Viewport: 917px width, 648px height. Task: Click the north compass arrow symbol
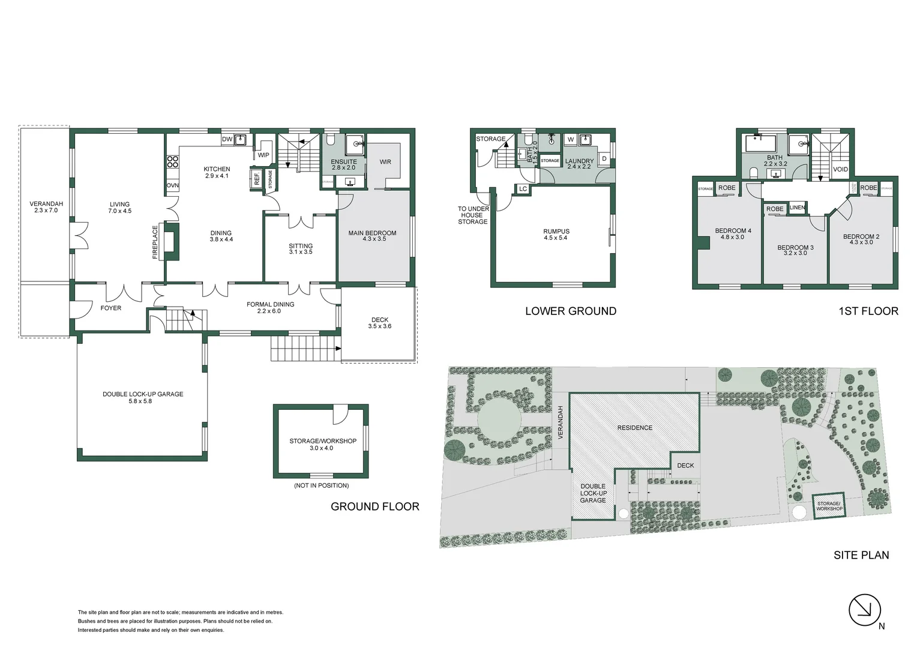[x=864, y=610]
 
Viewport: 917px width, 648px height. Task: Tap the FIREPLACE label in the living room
[x=155, y=242]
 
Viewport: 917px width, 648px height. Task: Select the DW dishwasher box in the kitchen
[x=227, y=139]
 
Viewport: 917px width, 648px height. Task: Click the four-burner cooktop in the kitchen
[x=172, y=161]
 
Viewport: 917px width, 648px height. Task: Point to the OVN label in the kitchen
[x=172, y=185]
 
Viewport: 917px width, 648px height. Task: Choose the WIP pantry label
[x=263, y=155]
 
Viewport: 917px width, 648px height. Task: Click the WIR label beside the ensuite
[x=385, y=162]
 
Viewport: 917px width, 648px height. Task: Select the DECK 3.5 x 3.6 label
[x=379, y=323]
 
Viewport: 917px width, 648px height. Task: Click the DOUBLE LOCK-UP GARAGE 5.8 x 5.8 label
[x=143, y=397]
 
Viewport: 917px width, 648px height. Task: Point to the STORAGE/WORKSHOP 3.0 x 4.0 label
[x=322, y=444]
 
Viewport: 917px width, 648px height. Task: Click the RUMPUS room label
[x=556, y=234]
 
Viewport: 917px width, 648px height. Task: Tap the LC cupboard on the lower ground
[x=523, y=189]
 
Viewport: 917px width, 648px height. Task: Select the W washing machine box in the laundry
[x=570, y=140]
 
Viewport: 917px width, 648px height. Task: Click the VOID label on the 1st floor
[x=840, y=169]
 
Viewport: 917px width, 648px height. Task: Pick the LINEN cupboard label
[x=797, y=208]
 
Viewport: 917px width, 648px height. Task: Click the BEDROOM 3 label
[x=795, y=250]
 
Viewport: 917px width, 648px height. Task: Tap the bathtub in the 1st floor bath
[x=760, y=144]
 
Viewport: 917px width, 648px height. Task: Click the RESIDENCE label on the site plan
[x=634, y=428]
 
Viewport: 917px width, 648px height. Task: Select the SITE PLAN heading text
[x=861, y=555]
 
